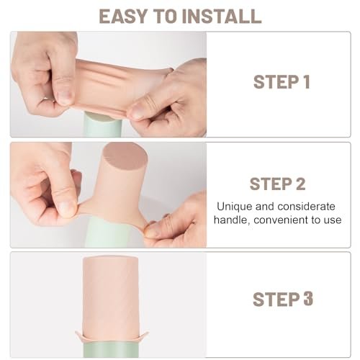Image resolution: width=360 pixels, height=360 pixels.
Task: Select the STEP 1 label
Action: point(281,82)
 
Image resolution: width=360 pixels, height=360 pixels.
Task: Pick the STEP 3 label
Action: point(281,298)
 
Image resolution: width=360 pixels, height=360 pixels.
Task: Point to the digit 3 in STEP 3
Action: point(307,298)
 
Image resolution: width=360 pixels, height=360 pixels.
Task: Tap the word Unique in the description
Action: point(235,206)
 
